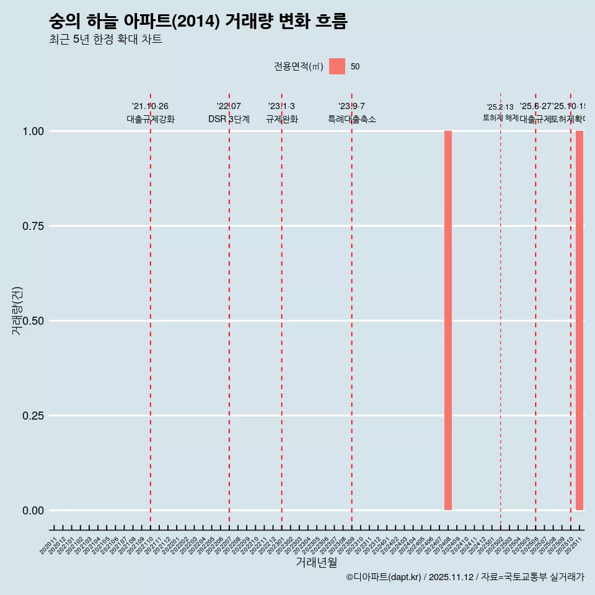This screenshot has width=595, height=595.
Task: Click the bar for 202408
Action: click(x=448, y=320)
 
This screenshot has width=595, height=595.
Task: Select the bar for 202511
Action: click(x=580, y=320)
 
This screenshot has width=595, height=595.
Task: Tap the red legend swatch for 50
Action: click(x=337, y=66)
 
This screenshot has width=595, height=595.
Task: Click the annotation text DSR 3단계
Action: click(x=229, y=119)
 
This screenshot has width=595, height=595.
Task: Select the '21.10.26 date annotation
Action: click(x=150, y=106)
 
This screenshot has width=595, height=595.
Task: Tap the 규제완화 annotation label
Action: click(x=282, y=119)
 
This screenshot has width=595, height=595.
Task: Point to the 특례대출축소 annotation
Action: click(x=352, y=119)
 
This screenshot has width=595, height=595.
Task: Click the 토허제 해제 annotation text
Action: click(x=500, y=118)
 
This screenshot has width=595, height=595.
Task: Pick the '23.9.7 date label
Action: click(x=351, y=106)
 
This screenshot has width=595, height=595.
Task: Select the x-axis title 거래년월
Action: click(x=316, y=563)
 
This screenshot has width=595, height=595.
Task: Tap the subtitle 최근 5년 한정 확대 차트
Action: click(x=105, y=40)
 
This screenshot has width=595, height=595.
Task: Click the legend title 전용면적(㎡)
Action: click(x=299, y=66)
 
